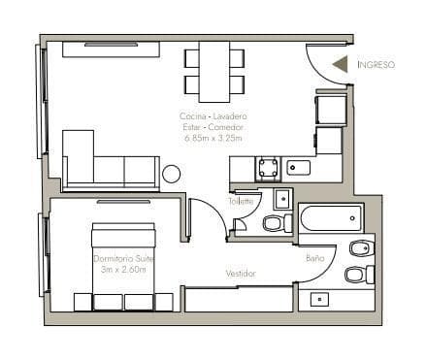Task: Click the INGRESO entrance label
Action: [x=377, y=65]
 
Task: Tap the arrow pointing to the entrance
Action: [x=341, y=64]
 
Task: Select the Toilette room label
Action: [x=241, y=201]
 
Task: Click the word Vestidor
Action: [x=241, y=274]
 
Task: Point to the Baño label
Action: [x=315, y=258]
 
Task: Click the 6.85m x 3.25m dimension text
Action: [x=213, y=138]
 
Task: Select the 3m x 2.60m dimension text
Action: [x=123, y=269]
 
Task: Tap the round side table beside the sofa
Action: [x=171, y=174]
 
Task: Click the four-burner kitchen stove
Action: [x=268, y=168]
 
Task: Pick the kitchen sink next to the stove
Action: [x=298, y=168]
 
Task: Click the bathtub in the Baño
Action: [x=331, y=218]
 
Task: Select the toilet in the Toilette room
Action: [x=278, y=223]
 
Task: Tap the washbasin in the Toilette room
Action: [x=283, y=199]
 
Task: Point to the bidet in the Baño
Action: [x=362, y=248]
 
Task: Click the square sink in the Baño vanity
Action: [x=319, y=300]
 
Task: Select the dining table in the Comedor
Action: [x=214, y=72]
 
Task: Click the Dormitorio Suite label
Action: [x=123, y=259]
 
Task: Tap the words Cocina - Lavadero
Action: [x=213, y=116]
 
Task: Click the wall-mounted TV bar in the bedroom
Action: [x=123, y=202]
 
